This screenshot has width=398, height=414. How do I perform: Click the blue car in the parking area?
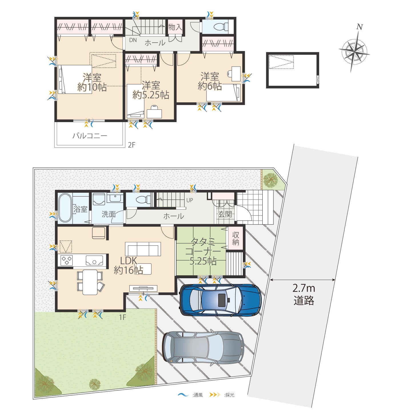(221, 300)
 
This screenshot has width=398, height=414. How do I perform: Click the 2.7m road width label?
(304, 288)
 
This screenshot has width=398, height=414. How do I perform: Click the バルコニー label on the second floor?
(90, 136)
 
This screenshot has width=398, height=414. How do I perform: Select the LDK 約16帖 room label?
(128, 266)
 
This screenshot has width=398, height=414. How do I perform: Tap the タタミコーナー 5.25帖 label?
(203, 252)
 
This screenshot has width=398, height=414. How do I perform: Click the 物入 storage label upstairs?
(175, 27)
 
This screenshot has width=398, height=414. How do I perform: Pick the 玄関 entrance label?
(225, 214)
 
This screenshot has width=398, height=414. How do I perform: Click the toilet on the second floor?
(220, 27)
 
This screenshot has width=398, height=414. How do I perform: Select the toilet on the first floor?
(143, 200)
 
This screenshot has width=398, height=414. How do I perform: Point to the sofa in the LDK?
(143, 249)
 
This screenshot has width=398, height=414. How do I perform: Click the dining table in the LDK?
(90, 282)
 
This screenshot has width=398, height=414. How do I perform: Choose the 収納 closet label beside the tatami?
(235, 238)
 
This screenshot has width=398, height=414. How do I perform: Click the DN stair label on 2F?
(133, 40)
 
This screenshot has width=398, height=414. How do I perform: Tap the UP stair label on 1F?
(190, 200)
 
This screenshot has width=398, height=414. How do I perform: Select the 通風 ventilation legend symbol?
(183, 395)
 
